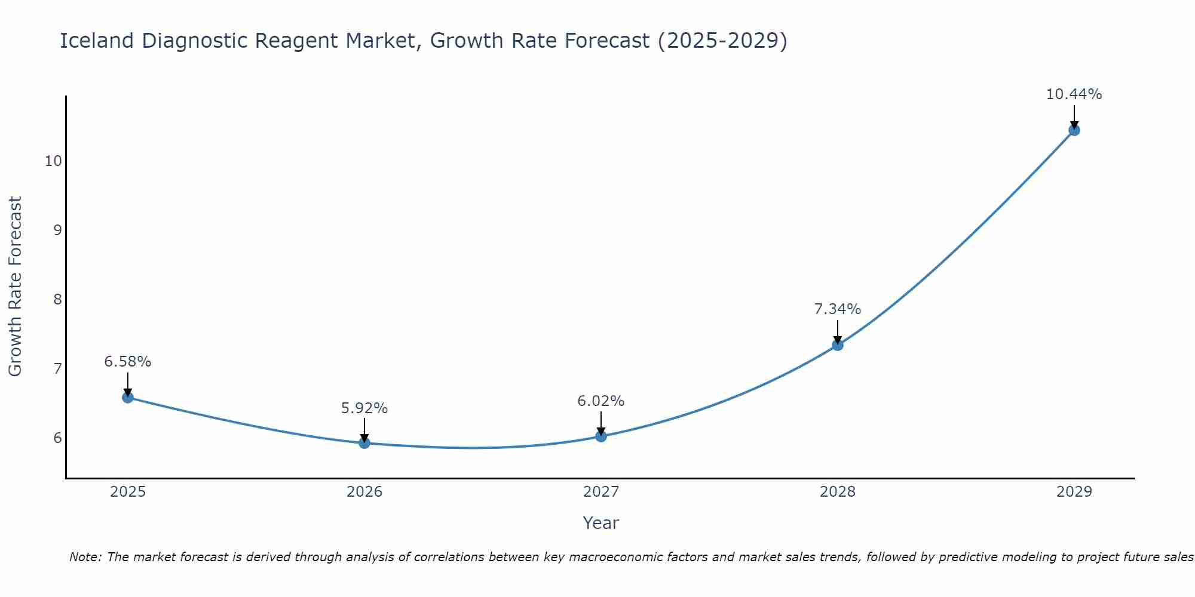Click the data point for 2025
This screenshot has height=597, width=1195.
(x=128, y=397)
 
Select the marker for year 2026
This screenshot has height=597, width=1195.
(x=364, y=442)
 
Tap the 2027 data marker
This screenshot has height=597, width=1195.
(x=601, y=436)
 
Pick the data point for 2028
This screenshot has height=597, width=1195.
(x=838, y=344)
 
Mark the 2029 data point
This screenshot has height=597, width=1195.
(x=1074, y=130)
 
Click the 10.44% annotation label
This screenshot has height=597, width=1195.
(x=1074, y=94)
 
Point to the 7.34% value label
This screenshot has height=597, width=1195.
(x=838, y=309)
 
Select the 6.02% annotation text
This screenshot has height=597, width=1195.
(x=601, y=401)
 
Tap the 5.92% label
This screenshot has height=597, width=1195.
(x=364, y=408)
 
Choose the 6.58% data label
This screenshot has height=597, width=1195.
(x=128, y=362)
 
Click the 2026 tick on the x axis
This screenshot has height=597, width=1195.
(x=364, y=492)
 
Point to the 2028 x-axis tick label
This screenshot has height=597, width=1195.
(x=838, y=492)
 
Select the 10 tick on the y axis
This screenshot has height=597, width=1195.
(x=53, y=161)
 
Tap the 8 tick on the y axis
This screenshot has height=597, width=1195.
(x=57, y=300)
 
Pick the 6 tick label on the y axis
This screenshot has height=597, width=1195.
(x=57, y=438)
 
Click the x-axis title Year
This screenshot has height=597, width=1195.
(x=601, y=523)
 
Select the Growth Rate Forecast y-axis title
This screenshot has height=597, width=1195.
(x=16, y=286)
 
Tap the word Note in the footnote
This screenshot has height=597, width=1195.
(x=85, y=557)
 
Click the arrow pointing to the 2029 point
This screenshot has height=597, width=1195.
(x=1074, y=115)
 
